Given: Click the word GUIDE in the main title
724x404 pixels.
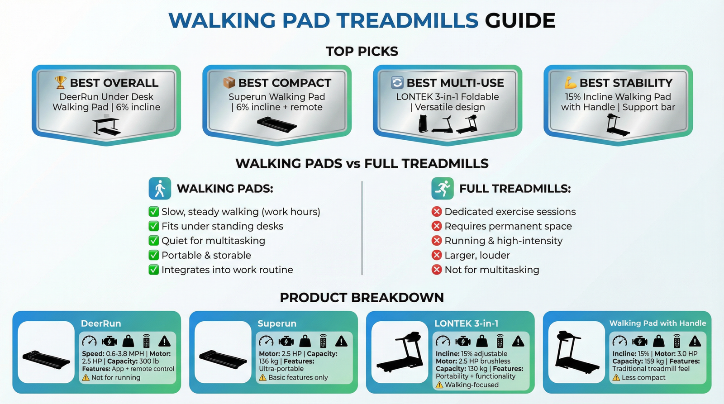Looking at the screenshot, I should [520, 21].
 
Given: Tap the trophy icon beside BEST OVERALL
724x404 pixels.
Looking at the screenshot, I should [60, 82].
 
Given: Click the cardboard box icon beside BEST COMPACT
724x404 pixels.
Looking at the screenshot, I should [229, 82].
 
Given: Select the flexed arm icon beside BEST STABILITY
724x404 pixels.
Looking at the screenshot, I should [570, 82].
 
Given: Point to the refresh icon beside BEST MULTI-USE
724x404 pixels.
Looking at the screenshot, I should [397, 82].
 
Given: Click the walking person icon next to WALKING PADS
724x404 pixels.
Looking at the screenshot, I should [160, 189].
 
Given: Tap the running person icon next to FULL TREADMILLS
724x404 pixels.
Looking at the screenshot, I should [442, 189].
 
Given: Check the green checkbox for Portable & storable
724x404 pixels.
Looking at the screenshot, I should [154, 255].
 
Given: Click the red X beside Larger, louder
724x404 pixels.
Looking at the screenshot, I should [437, 255].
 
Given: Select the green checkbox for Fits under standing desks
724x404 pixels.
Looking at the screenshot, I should [154, 226].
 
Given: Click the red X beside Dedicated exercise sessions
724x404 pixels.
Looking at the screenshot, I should [437, 212].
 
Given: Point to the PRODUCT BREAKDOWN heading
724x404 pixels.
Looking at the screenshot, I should [362, 298].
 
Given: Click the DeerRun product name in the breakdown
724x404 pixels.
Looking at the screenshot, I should [101, 323].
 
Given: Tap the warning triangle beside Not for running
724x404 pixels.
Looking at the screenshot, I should [86, 378].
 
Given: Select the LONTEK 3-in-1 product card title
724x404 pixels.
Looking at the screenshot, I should [467, 323].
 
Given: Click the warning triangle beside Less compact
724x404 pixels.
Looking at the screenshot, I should [616, 378].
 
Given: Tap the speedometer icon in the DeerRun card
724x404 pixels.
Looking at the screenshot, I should [89, 341].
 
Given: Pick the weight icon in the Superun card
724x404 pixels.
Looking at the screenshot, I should [305, 341].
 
